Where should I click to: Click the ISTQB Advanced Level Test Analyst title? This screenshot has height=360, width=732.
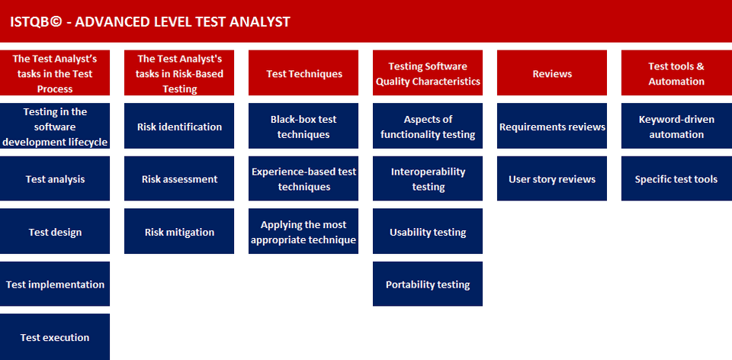150,21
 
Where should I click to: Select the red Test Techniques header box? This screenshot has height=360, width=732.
303,73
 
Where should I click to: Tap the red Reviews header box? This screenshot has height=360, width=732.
552,73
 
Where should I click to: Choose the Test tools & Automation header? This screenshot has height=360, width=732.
676,73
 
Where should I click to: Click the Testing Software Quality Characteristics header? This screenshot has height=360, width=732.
428,73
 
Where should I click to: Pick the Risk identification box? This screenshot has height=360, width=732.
179,126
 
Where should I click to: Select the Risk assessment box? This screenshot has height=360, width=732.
179,178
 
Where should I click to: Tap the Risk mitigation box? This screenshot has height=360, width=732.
179,232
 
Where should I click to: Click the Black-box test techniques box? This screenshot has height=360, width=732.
303,126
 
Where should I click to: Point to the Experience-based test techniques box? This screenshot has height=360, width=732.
303,178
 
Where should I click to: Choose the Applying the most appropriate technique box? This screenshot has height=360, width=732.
303,232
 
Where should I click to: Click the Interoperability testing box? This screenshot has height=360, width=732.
428,178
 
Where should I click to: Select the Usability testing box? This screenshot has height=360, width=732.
428,232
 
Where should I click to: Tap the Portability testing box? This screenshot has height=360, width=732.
428,284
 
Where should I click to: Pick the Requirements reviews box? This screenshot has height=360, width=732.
552,126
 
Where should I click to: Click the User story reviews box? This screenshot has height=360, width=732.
552,178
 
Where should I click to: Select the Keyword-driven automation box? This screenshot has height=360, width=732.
676,126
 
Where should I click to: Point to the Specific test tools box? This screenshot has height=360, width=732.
676,178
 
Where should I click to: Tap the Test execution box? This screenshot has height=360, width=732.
55,336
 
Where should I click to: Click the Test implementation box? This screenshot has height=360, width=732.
55,284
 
